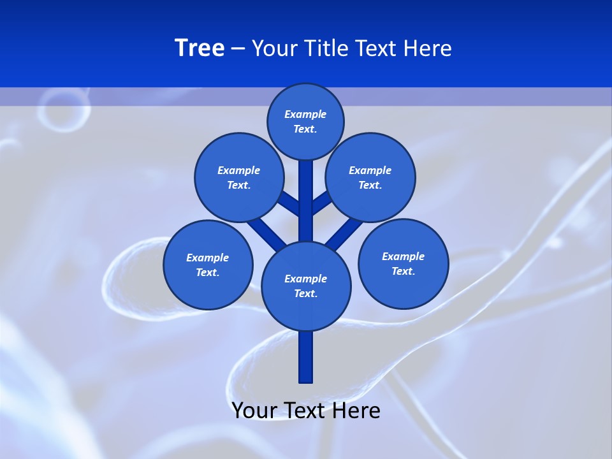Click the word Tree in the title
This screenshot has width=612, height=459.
[x=200, y=48]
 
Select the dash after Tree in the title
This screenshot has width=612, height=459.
[x=238, y=48]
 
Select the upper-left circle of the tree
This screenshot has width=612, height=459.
[x=239, y=177]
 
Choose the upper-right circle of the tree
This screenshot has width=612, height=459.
[x=370, y=177]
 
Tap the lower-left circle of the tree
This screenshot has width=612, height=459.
[x=208, y=265]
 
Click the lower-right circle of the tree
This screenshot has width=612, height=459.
[x=403, y=263]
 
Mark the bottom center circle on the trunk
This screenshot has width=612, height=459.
[x=306, y=286]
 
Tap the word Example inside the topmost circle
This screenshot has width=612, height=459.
[x=305, y=115]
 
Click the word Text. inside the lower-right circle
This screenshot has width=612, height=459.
[x=403, y=271]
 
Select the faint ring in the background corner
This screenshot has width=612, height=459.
[x=62, y=110]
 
